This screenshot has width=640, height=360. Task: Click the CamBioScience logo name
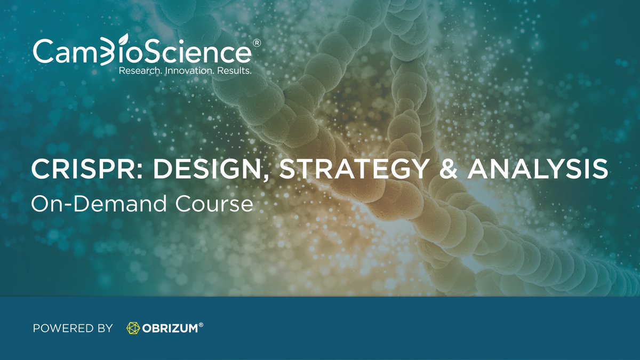click(x=141, y=53)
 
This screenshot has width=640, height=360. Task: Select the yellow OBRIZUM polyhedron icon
click(x=133, y=329)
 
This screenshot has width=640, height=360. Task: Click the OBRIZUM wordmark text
click(x=169, y=329)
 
